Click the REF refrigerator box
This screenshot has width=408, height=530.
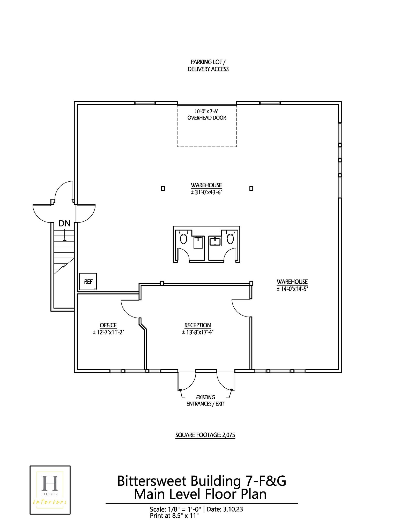pos(88,281)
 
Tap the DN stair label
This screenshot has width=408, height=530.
pos(64,223)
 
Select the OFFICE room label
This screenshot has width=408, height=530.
pos(108,325)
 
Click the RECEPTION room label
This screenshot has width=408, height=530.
pos(197,325)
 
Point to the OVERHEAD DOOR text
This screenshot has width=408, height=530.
pos(206,118)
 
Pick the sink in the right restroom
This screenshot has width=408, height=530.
pos(215,241)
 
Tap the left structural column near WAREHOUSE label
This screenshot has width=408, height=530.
pos(163,188)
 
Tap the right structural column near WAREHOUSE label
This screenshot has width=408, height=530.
pos(251,188)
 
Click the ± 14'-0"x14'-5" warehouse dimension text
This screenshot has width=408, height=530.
pos(292,289)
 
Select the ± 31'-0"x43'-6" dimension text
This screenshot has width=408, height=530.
pos(206,193)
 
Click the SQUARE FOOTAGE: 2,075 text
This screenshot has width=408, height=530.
pos(205,435)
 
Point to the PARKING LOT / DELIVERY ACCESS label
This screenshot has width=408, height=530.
pos(208,65)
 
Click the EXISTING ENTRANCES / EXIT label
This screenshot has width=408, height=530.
pos(205,400)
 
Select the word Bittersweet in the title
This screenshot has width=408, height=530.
pos(152,481)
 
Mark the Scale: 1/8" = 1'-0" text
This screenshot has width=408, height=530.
pos(175,509)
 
